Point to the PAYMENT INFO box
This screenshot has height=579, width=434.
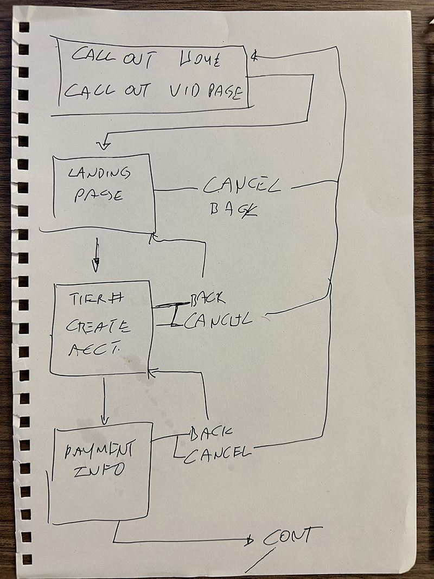pyautogui.click(x=99, y=472)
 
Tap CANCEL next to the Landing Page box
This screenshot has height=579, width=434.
pyautogui.click(x=242, y=187)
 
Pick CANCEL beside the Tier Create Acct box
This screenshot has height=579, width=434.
pyautogui.click(x=220, y=320)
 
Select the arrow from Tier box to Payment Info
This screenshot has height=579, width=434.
pyautogui.click(x=105, y=402)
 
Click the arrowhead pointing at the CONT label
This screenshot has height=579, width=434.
pyautogui.click(x=249, y=540)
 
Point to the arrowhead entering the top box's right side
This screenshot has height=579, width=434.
pyautogui.click(x=254, y=56)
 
